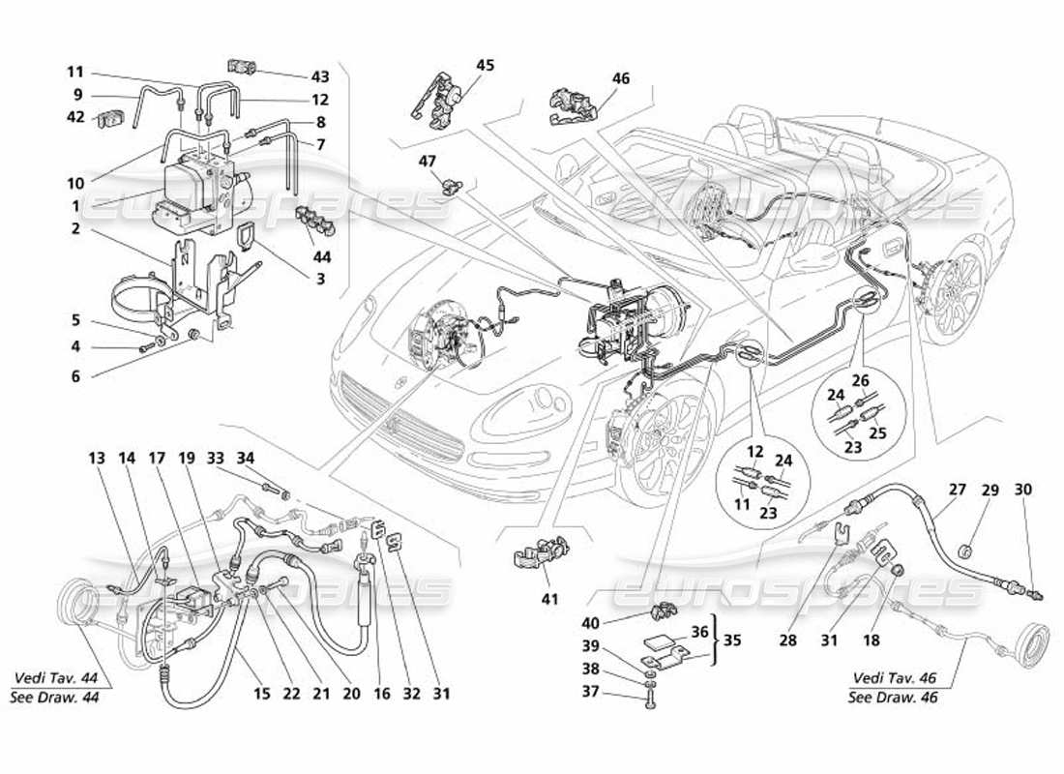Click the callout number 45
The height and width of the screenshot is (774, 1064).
point(485,65)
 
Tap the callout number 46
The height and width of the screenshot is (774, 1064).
point(620,79)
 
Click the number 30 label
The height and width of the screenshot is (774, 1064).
point(1023,491)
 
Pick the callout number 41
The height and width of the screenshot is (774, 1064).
point(549,600)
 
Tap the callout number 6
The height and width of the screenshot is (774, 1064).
point(75,377)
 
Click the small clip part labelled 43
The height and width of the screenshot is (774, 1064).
point(243,66)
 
